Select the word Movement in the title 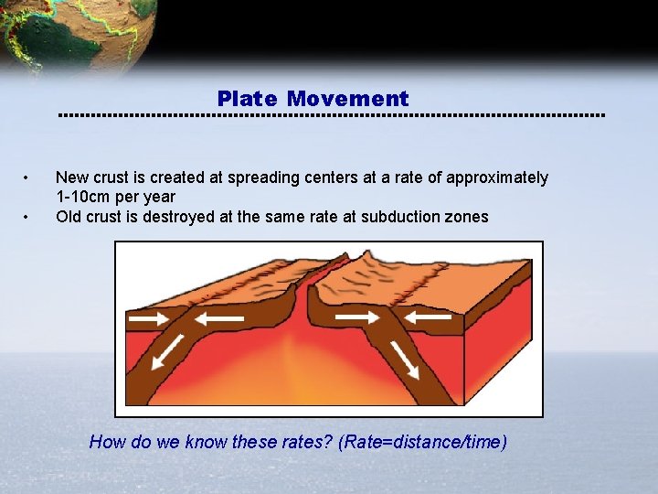[347, 99]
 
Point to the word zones [468, 217]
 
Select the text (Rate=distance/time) [422, 443]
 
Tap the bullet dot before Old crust [29, 217]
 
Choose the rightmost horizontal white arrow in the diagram [428, 317]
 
